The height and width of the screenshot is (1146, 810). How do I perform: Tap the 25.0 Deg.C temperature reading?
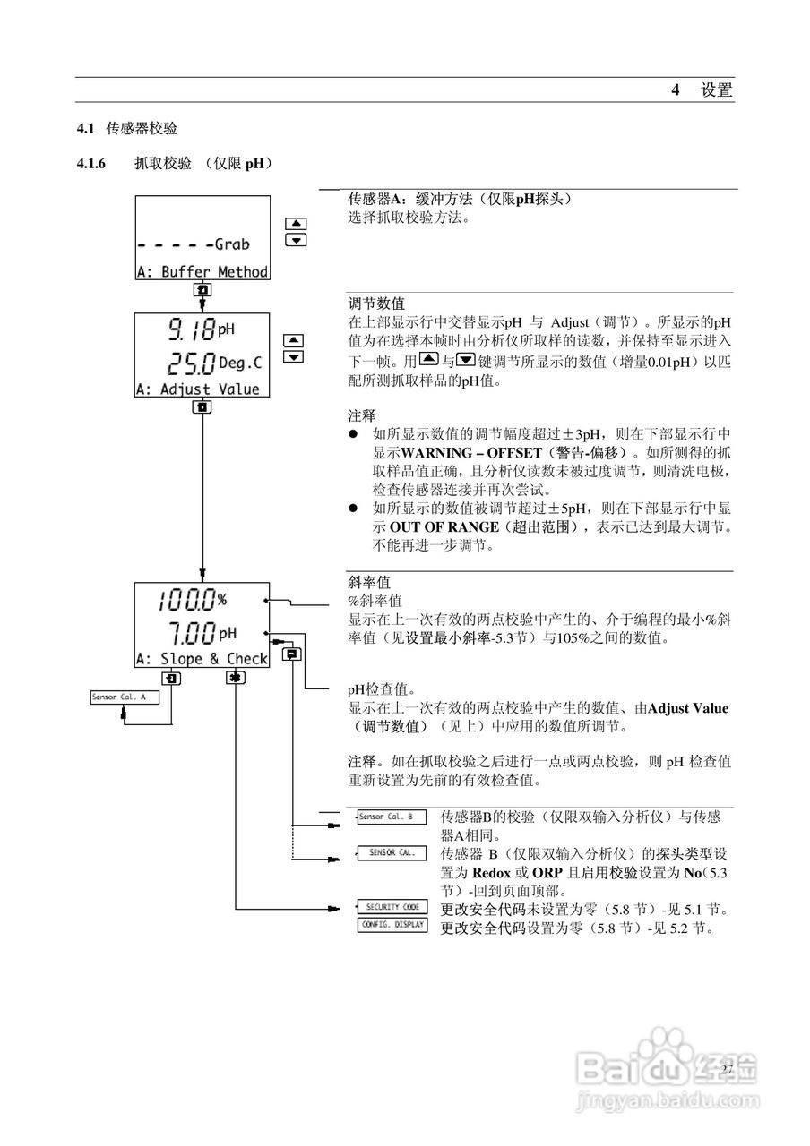pyautogui.click(x=208, y=363)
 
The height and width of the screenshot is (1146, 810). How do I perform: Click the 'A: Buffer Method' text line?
pyautogui.click(x=202, y=271)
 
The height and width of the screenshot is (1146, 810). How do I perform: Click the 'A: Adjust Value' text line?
pyautogui.click(x=198, y=389)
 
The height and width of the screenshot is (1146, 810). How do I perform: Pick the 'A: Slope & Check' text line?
pyautogui.click(x=202, y=659)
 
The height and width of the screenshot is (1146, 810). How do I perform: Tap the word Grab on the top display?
pyautogui.click(x=231, y=244)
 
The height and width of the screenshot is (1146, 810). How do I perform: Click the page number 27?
pyautogui.click(x=726, y=1069)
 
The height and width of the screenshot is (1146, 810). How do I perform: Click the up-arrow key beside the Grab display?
pyautogui.click(x=297, y=224)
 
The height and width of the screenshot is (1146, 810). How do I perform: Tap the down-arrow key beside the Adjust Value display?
pyautogui.click(x=293, y=357)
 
